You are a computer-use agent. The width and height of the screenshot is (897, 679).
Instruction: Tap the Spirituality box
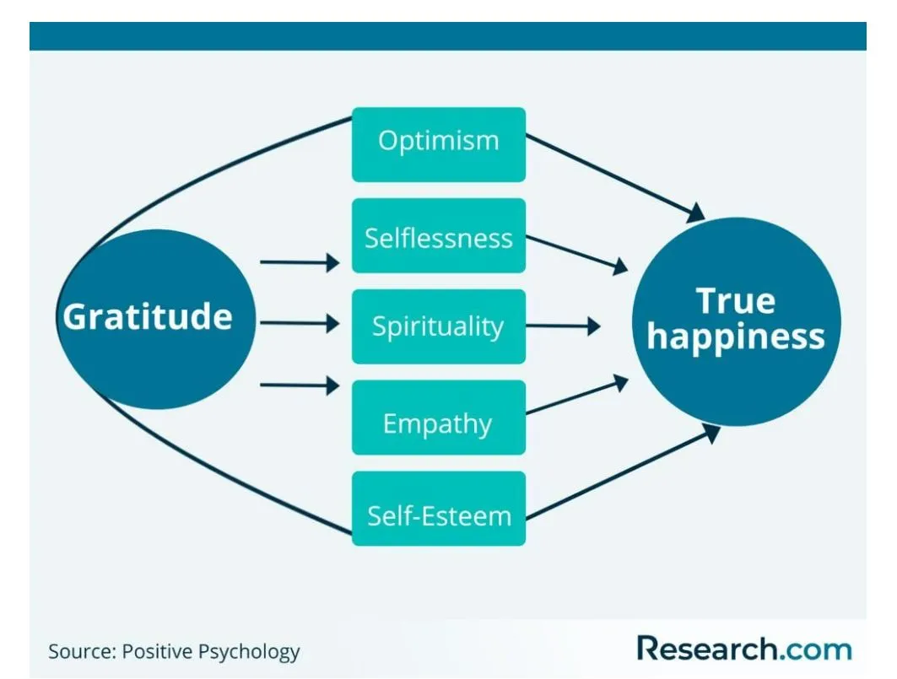pos(438,326)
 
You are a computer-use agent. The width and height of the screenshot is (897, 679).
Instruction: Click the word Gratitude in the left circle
pos(148,317)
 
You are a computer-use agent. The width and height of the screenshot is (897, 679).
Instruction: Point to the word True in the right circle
pos(735,301)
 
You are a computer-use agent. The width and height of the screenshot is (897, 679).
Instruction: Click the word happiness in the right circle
pos(735,337)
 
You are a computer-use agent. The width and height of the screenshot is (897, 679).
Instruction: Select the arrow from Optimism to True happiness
pos(614,176)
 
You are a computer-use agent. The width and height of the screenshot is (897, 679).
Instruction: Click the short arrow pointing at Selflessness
pos(299,262)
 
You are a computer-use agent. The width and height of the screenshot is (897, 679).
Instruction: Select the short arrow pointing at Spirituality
pos(299,323)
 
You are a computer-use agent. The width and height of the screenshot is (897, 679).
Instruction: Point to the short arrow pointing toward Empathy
pos(299,386)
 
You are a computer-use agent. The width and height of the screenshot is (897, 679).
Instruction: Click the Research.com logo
pos(743,649)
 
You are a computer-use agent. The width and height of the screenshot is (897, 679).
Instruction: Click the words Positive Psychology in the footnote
pos(211,652)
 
